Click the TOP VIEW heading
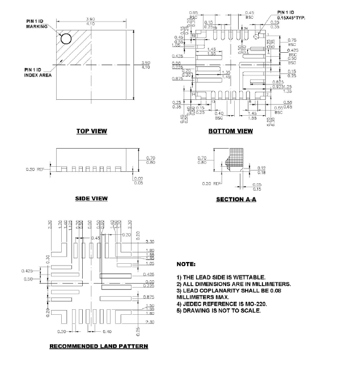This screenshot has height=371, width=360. pyautogui.click(x=92, y=131)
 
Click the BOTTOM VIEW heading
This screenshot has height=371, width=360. pyautogui.click(x=231, y=131)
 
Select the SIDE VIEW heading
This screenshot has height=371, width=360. pyautogui.click(x=91, y=199)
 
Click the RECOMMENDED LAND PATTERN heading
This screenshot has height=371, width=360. pyautogui.click(x=99, y=346)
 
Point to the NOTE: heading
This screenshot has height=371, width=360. pyautogui.click(x=186, y=264)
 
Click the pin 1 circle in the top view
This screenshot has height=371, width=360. pyautogui.click(x=66, y=39)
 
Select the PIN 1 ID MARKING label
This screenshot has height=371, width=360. pyautogui.click(x=36, y=24)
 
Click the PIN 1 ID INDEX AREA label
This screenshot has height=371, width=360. pyautogui.click(x=35, y=71)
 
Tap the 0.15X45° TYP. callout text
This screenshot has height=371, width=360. pyautogui.click(x=292, y=18)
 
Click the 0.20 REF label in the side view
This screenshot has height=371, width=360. pyautogui.click(x=36, y=169)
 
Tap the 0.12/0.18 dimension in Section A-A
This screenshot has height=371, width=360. pyautogui.click(x=261, y=169)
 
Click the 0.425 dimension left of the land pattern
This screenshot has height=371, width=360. pyautogui.click(x=26, y=271)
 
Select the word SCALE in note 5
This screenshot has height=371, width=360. pyautogui.click(x=251, y=310)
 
